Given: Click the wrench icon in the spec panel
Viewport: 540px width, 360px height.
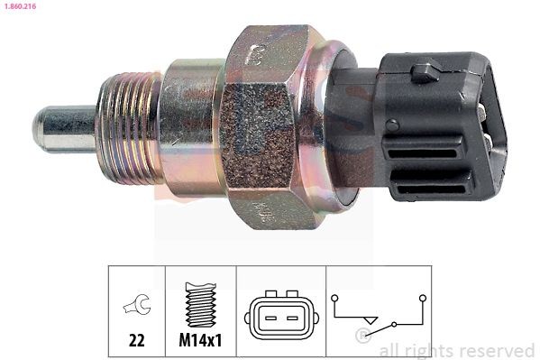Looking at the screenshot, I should click(x=137, y=308).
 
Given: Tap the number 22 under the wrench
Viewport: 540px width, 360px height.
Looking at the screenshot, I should click(x=137, y=342).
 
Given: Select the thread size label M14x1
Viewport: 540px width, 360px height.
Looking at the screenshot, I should click(x=201, y=342).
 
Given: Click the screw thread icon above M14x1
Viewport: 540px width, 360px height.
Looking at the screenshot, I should click(x=200, y=304).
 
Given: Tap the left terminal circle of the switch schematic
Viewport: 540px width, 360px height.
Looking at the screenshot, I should click(x=335, y=297).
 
